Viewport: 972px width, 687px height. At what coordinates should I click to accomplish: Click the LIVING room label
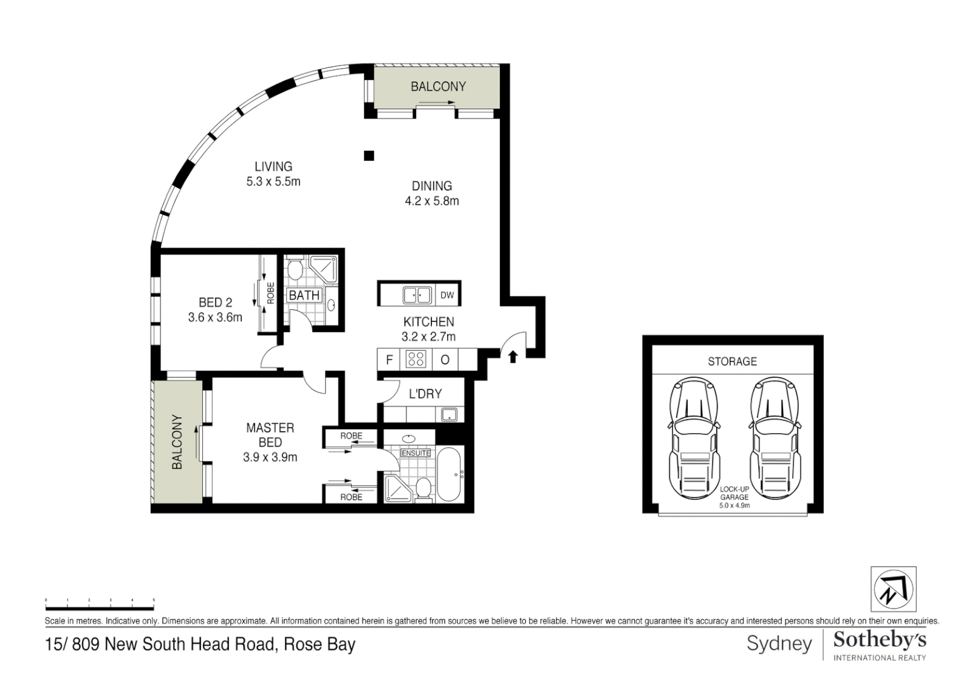[x=274, y=167]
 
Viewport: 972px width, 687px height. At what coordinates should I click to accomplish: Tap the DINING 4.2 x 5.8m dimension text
[x=432, y=201]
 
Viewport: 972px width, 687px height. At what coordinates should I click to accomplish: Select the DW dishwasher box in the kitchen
[x=447, y=295]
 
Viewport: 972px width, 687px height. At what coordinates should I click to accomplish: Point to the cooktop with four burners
[x=415, y=359]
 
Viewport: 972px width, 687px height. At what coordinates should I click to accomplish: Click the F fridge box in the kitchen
[x=389, y=360]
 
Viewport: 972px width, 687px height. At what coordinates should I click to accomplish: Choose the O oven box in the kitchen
[x=445, y=360]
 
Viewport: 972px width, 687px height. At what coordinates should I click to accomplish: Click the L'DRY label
[x=425, y=394]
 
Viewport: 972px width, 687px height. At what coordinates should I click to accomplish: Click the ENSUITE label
[x=415, y=453]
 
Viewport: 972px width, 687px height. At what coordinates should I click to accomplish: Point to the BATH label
[x=304, y=295]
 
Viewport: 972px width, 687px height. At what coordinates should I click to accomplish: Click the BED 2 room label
[x=215, y=303]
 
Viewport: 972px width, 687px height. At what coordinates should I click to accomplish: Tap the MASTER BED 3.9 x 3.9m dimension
[x=270, y=457]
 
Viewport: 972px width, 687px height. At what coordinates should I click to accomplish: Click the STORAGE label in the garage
[x=732, y=361]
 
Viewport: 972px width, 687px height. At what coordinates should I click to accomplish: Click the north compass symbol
[x=893, y=589]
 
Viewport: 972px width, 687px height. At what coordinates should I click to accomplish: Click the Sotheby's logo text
[x=880, y=640]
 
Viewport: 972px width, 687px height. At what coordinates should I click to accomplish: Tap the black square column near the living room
[x=369, y=155]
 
